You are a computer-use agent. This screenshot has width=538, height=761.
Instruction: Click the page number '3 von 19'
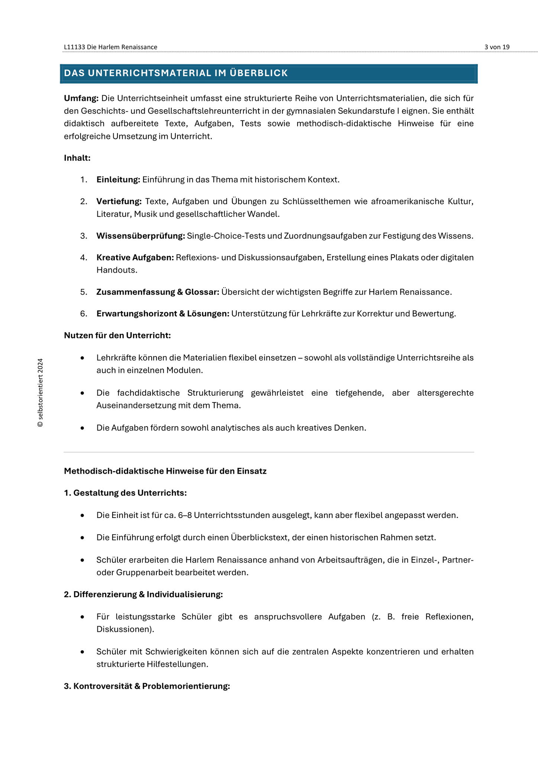[497, 47]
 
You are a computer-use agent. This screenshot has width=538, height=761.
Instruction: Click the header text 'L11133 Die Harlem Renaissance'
[110, 47]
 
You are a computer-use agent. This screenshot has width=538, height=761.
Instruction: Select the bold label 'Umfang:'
[81, 98]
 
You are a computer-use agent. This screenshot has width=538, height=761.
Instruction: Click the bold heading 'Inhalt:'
[77, 158]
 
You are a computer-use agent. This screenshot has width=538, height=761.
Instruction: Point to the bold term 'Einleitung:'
[118, 180]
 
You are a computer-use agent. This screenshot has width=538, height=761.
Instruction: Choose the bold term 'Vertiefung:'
[119, 201]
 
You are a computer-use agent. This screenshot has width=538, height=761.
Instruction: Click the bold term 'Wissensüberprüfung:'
[140, 236]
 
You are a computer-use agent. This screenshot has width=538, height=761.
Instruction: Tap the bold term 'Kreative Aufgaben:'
[135, 258]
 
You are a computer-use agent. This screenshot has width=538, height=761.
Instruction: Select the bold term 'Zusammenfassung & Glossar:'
[158, 292]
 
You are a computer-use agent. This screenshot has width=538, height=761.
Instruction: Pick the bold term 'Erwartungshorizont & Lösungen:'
[163, 314]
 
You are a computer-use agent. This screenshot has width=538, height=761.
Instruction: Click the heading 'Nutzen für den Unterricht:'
[117, 336]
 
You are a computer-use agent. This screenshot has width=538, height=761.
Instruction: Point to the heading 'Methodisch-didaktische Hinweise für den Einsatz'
[165, 471]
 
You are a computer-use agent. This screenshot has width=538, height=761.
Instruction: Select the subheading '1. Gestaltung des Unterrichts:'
[125, 493]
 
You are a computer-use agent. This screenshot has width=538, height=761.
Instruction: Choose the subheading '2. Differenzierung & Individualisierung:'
[143, 595]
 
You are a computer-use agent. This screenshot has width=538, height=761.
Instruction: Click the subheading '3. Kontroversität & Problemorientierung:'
[147, 686]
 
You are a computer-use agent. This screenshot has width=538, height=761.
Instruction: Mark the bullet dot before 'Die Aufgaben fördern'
[82, 428]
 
